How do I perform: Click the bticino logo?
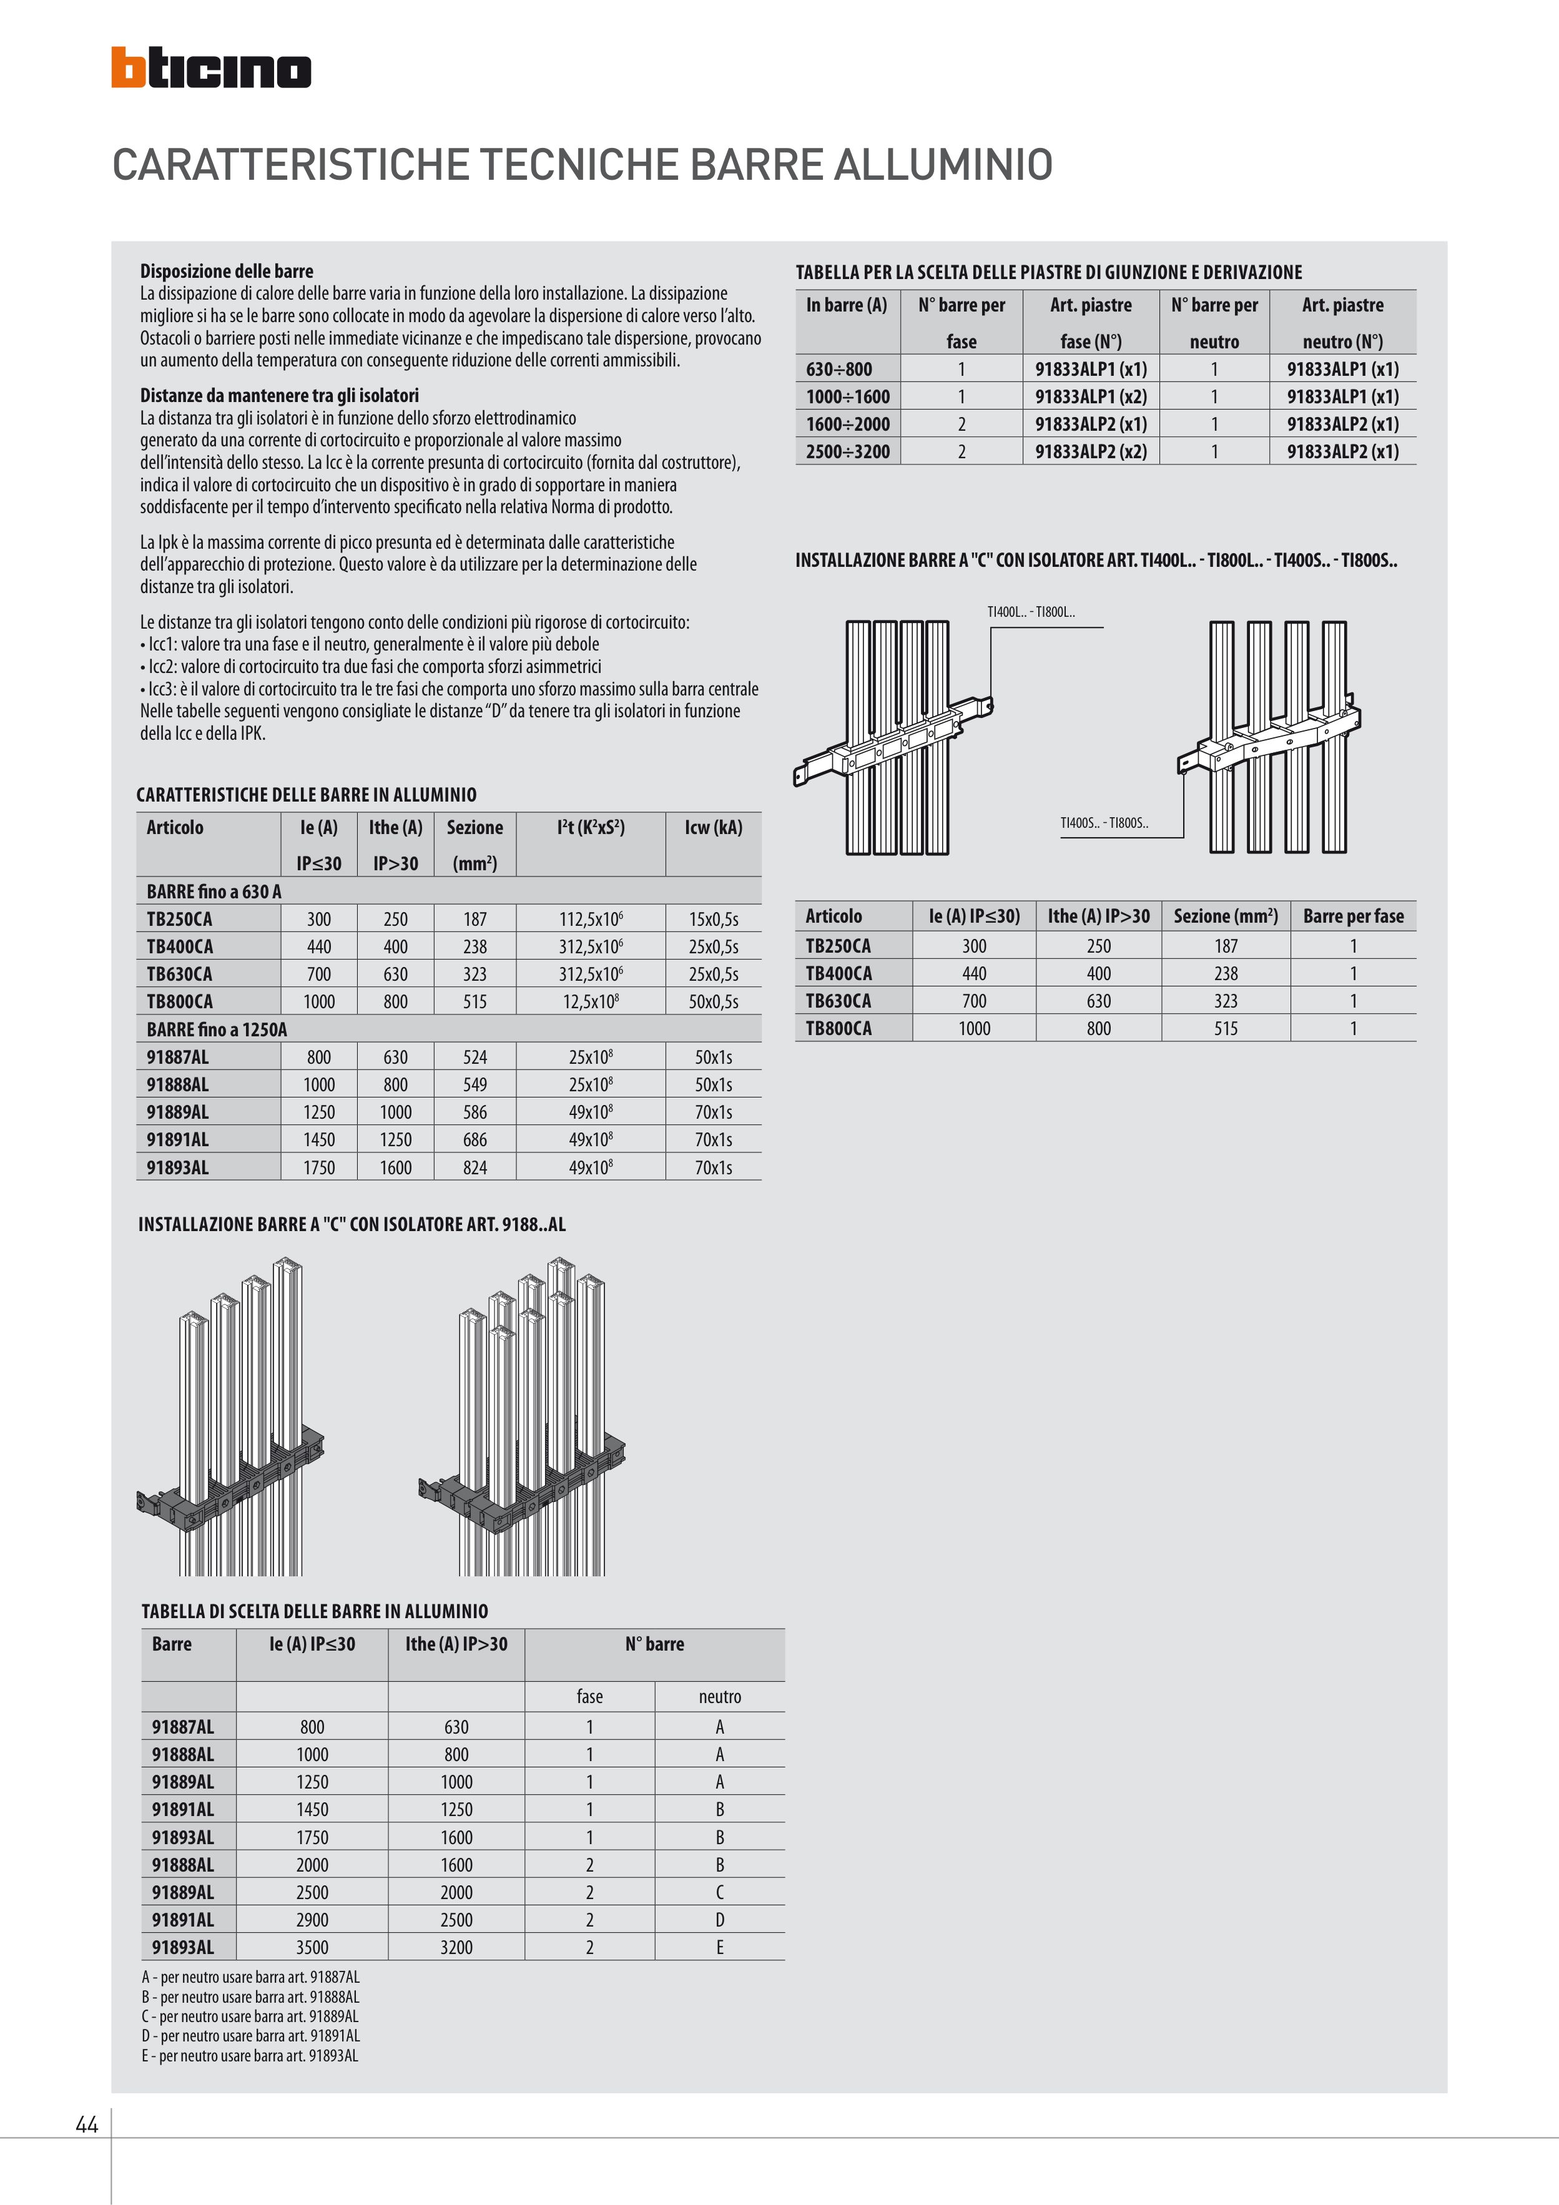pos(210,68)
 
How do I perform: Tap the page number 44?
pos(86,2124)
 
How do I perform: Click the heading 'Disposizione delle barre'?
pos(227,271)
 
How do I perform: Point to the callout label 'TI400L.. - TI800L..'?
pos(1031,612)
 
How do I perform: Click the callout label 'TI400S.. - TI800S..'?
pos(1104,823)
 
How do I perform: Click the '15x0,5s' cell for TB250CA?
pos(713,919)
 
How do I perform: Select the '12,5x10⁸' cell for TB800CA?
pos(590,1001)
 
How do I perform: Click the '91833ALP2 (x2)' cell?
pos(1090,451)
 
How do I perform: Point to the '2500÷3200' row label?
pos(847,451)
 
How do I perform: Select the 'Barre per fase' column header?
pos(1352,916)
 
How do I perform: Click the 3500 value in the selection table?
pos(312,1948)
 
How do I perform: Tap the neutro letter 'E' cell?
pos(719,1948)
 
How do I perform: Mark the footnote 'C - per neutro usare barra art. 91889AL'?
pos(250,2016)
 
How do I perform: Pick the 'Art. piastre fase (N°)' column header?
pos(1090,323)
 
